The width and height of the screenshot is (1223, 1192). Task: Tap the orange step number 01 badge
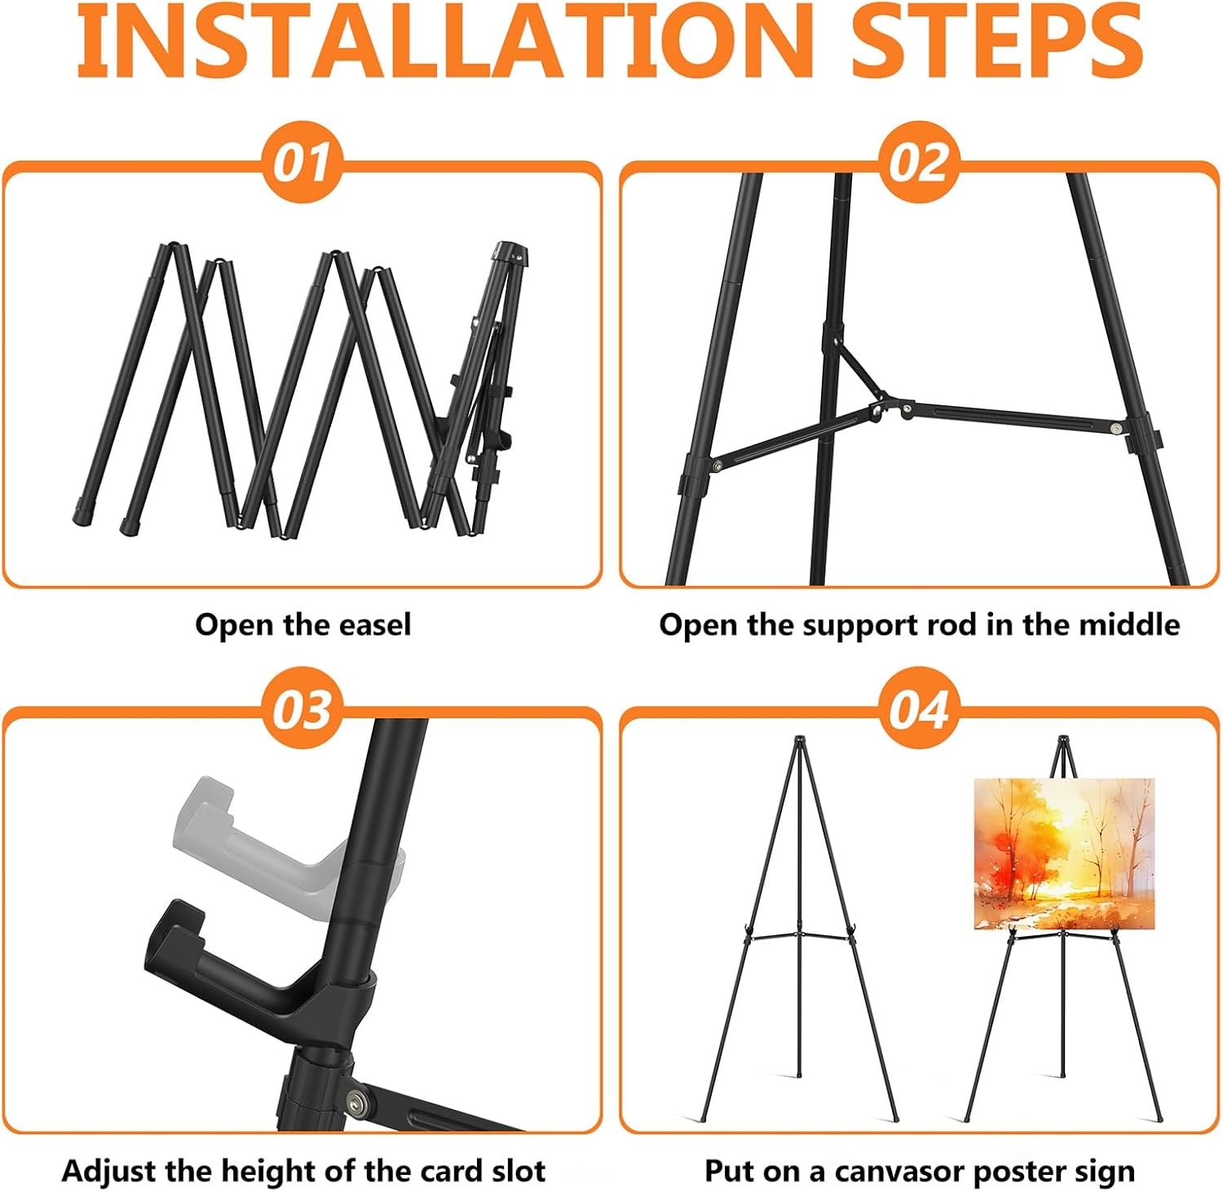302,162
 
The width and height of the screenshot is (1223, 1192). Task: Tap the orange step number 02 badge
919,162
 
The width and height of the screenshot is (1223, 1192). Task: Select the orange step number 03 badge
302,708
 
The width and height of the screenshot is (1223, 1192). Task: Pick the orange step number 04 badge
919,708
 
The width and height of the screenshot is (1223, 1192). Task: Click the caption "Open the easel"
303,625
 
